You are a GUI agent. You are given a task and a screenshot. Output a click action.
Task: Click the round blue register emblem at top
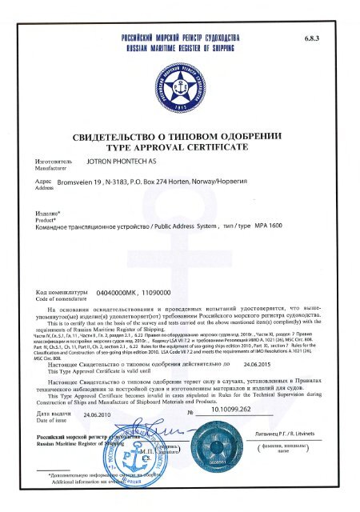(180, 87)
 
